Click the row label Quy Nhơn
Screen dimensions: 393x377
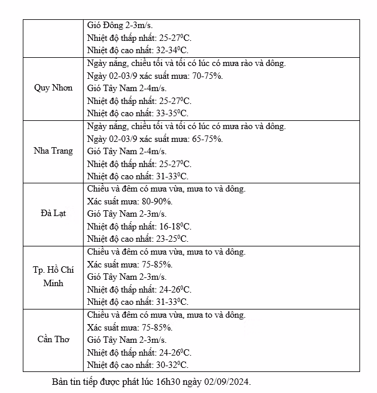53,88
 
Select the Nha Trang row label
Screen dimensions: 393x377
53,151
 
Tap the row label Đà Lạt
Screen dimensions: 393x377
53,213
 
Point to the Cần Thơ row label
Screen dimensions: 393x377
53,339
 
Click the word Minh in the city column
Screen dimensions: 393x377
53,283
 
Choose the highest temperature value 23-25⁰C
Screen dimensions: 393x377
174,239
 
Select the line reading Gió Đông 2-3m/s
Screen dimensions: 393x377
120,25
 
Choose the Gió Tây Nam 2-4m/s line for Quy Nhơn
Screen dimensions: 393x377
126,88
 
